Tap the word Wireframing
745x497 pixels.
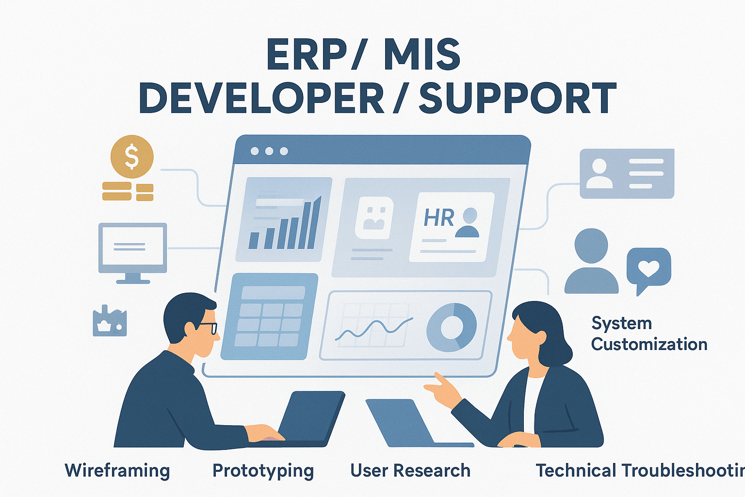(x=117, y=471)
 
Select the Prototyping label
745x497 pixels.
(x=263, y=471)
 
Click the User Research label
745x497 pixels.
(x=410, y=471)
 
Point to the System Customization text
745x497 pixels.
(x=648, y=334)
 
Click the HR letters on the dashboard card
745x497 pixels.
(x=438, y=218)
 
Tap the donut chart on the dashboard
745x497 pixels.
(x=451, y=328)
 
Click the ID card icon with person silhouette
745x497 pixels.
(x=627, y=173)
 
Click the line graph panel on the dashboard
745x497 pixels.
(x=373, y=325)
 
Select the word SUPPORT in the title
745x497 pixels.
(x=518, y=99)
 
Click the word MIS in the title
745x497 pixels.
(x=421, y=54)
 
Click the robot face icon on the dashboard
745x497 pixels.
(x=373, y=218)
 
